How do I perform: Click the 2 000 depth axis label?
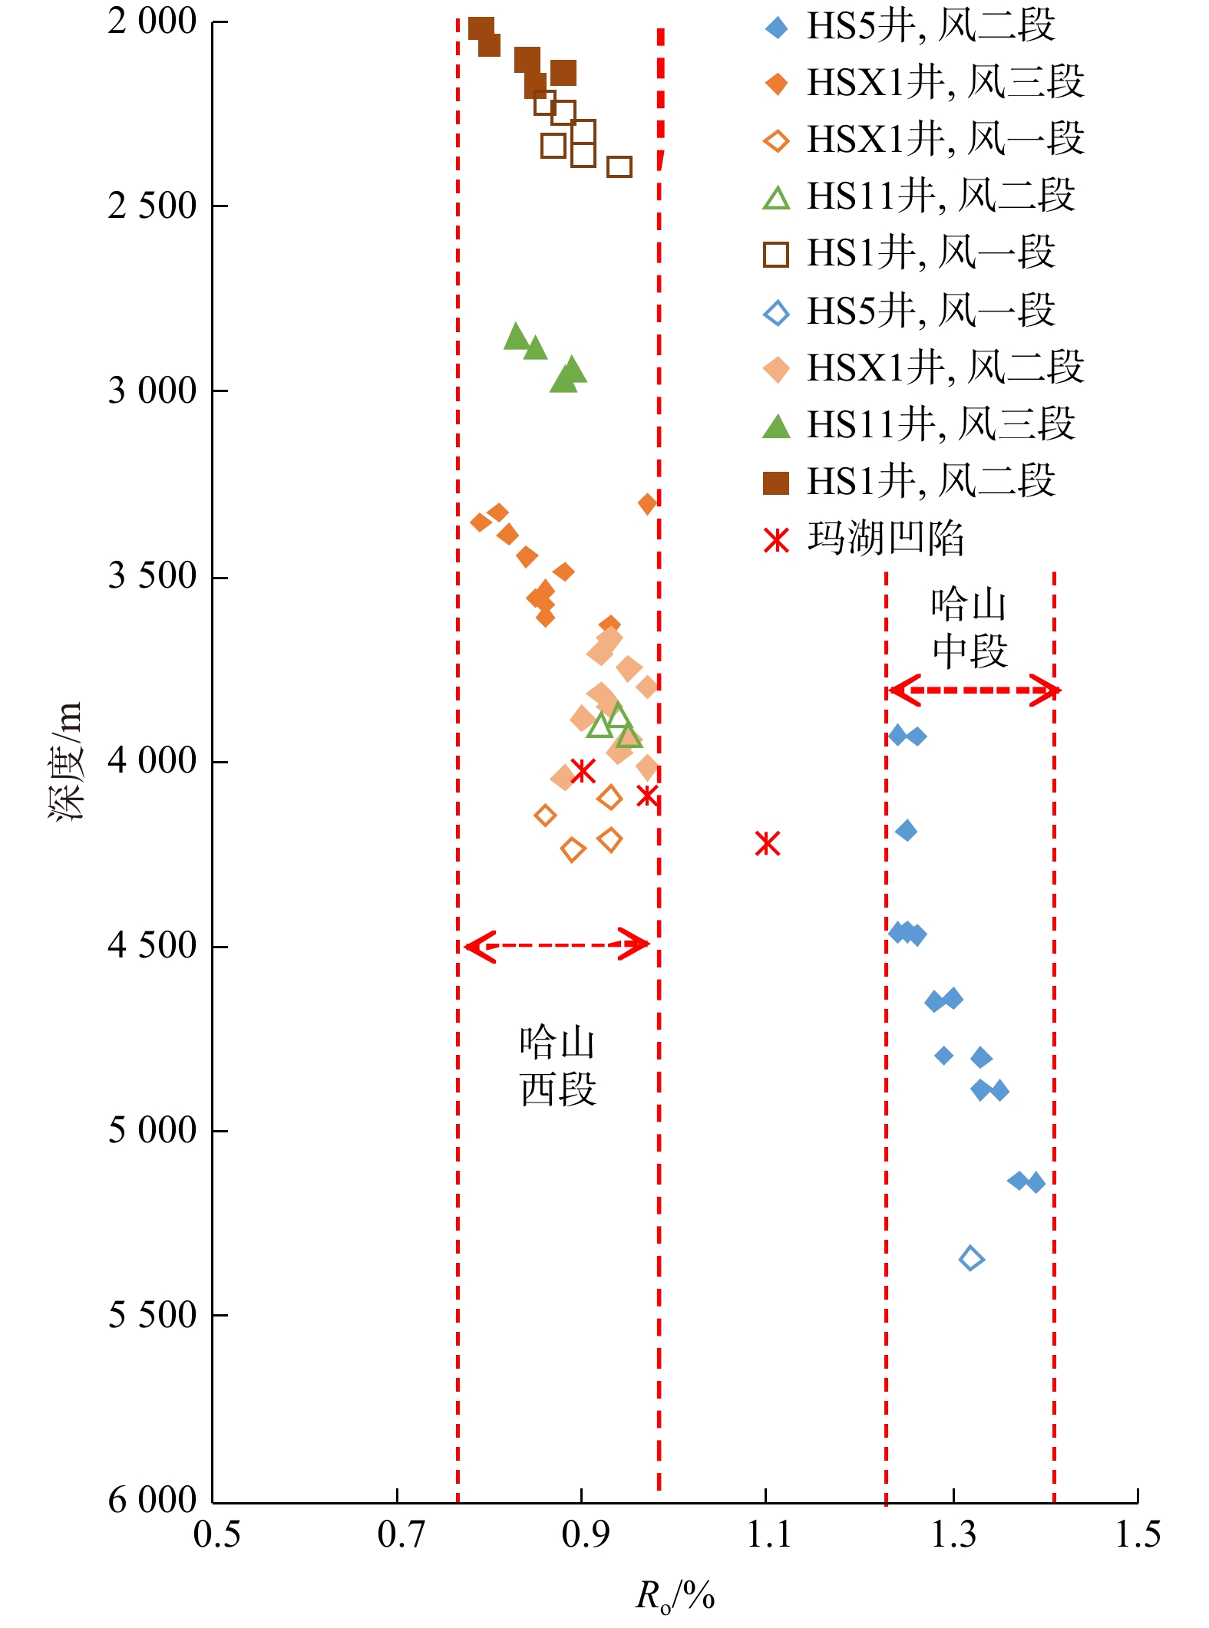tap(153, 21)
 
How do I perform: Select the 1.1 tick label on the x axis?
tap(768, 1534)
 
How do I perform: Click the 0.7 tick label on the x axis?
tap(400, 1534)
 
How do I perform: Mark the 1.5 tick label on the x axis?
tap(1138, 1534)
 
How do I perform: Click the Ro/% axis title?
tap(675, 1597)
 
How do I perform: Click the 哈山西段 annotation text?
tap(557, 1066)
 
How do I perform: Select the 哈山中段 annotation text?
tap(969, 627)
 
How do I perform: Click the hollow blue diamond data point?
tap(971, 1258)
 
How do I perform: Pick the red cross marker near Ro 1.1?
tap(767, 843)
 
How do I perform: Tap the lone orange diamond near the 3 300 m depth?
tap(647, 503)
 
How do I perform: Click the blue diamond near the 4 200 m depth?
tap(906, 830)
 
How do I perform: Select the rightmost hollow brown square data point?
tap(619, 166)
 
